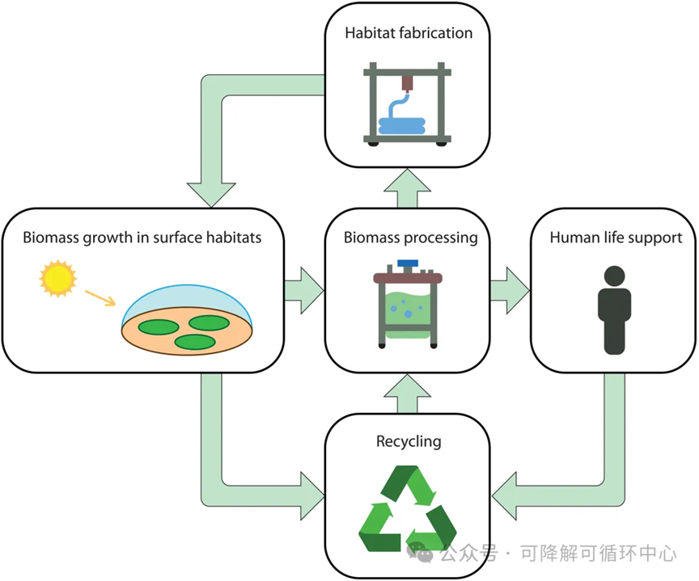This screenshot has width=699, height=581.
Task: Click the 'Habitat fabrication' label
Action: point(409,33)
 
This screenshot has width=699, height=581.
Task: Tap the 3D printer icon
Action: point(408,104)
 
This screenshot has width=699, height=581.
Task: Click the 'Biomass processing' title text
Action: point(410,238)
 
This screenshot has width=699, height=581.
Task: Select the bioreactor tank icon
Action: point(408,304)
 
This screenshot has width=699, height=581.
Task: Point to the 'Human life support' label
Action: point(616,238)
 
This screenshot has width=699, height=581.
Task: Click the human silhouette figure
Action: point(614,309)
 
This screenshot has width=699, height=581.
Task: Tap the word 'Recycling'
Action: point(409,442)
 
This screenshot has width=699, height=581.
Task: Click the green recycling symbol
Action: point(408,508)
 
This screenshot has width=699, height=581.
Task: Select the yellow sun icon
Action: point(58,279)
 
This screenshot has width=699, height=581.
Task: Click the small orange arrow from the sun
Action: point(100,298)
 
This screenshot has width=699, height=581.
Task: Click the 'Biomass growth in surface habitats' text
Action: point(142,238)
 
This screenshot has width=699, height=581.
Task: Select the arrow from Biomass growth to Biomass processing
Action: point(304,291)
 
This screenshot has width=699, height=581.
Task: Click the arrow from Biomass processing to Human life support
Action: point(510,291)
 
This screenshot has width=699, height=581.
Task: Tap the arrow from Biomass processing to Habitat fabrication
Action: point(408,188)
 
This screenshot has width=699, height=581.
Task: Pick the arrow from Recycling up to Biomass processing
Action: point(408,394)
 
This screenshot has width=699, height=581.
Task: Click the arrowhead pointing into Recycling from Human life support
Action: point(505,496)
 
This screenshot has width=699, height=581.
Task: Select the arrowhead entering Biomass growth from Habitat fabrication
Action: point(211,195)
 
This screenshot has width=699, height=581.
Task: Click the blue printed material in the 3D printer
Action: point(401,125)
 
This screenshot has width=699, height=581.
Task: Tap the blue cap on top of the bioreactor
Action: point(408,263)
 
